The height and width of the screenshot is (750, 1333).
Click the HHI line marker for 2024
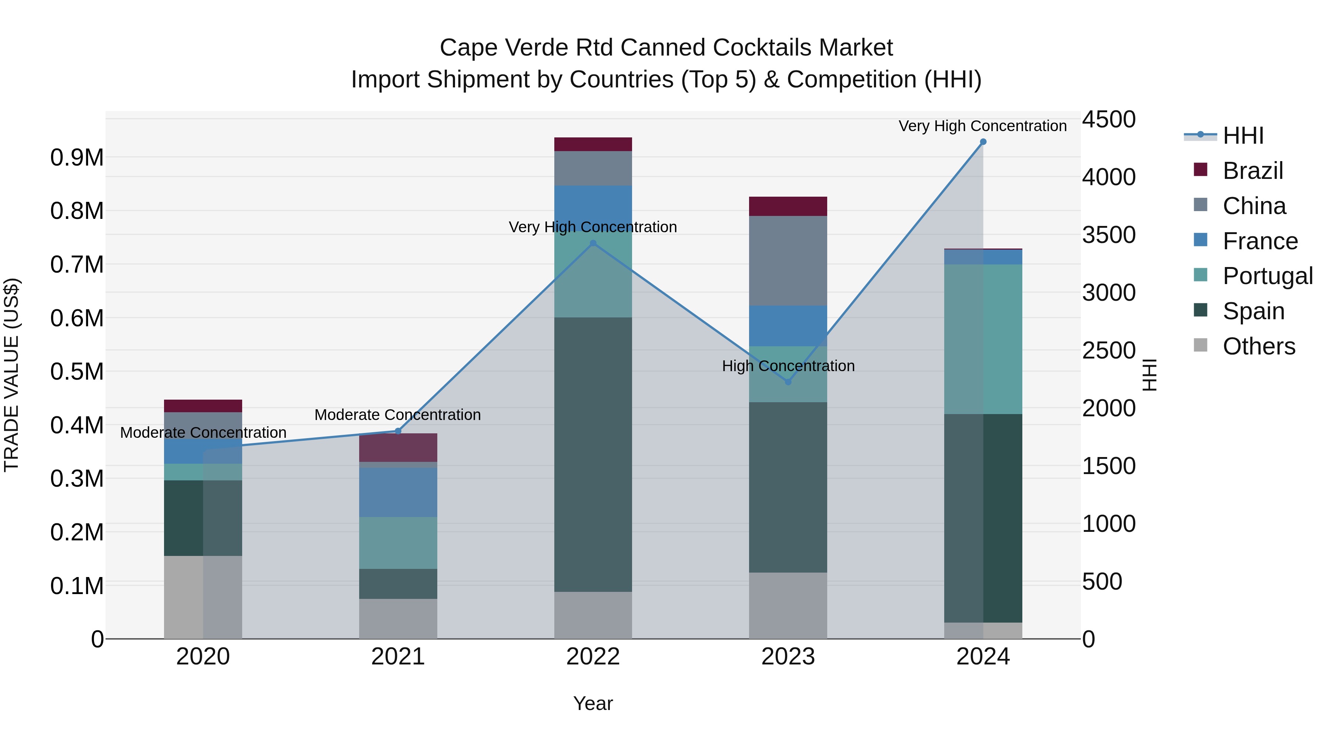(983, 142)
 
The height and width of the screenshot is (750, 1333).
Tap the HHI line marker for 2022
(593, 243)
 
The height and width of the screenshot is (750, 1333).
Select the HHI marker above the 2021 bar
(398, 431)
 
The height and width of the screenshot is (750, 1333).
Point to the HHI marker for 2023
(788, 382)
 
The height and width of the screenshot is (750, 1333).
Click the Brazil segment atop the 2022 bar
(593, 144)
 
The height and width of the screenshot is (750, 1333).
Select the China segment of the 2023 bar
(788, 260)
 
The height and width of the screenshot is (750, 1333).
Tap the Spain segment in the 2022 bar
(593, 454)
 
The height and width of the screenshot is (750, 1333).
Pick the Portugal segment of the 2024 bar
(983, 339)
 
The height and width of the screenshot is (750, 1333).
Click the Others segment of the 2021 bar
(398, 619)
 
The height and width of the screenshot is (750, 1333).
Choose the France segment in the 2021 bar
(398, 492)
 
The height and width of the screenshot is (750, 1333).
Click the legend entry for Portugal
(1267, 276)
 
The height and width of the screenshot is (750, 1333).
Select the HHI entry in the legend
(1243, 136)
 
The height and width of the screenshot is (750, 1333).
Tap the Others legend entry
(1259, 346)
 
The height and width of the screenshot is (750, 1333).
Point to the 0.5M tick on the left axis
(77, 371)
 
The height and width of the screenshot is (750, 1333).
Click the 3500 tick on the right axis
(1108, 235)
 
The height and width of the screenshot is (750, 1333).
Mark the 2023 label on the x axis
(788, 657)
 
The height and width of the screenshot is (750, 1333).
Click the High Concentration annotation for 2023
(788, 366)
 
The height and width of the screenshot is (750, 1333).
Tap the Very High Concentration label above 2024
(982, 126)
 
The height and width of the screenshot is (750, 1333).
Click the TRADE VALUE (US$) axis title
(11, 375)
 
